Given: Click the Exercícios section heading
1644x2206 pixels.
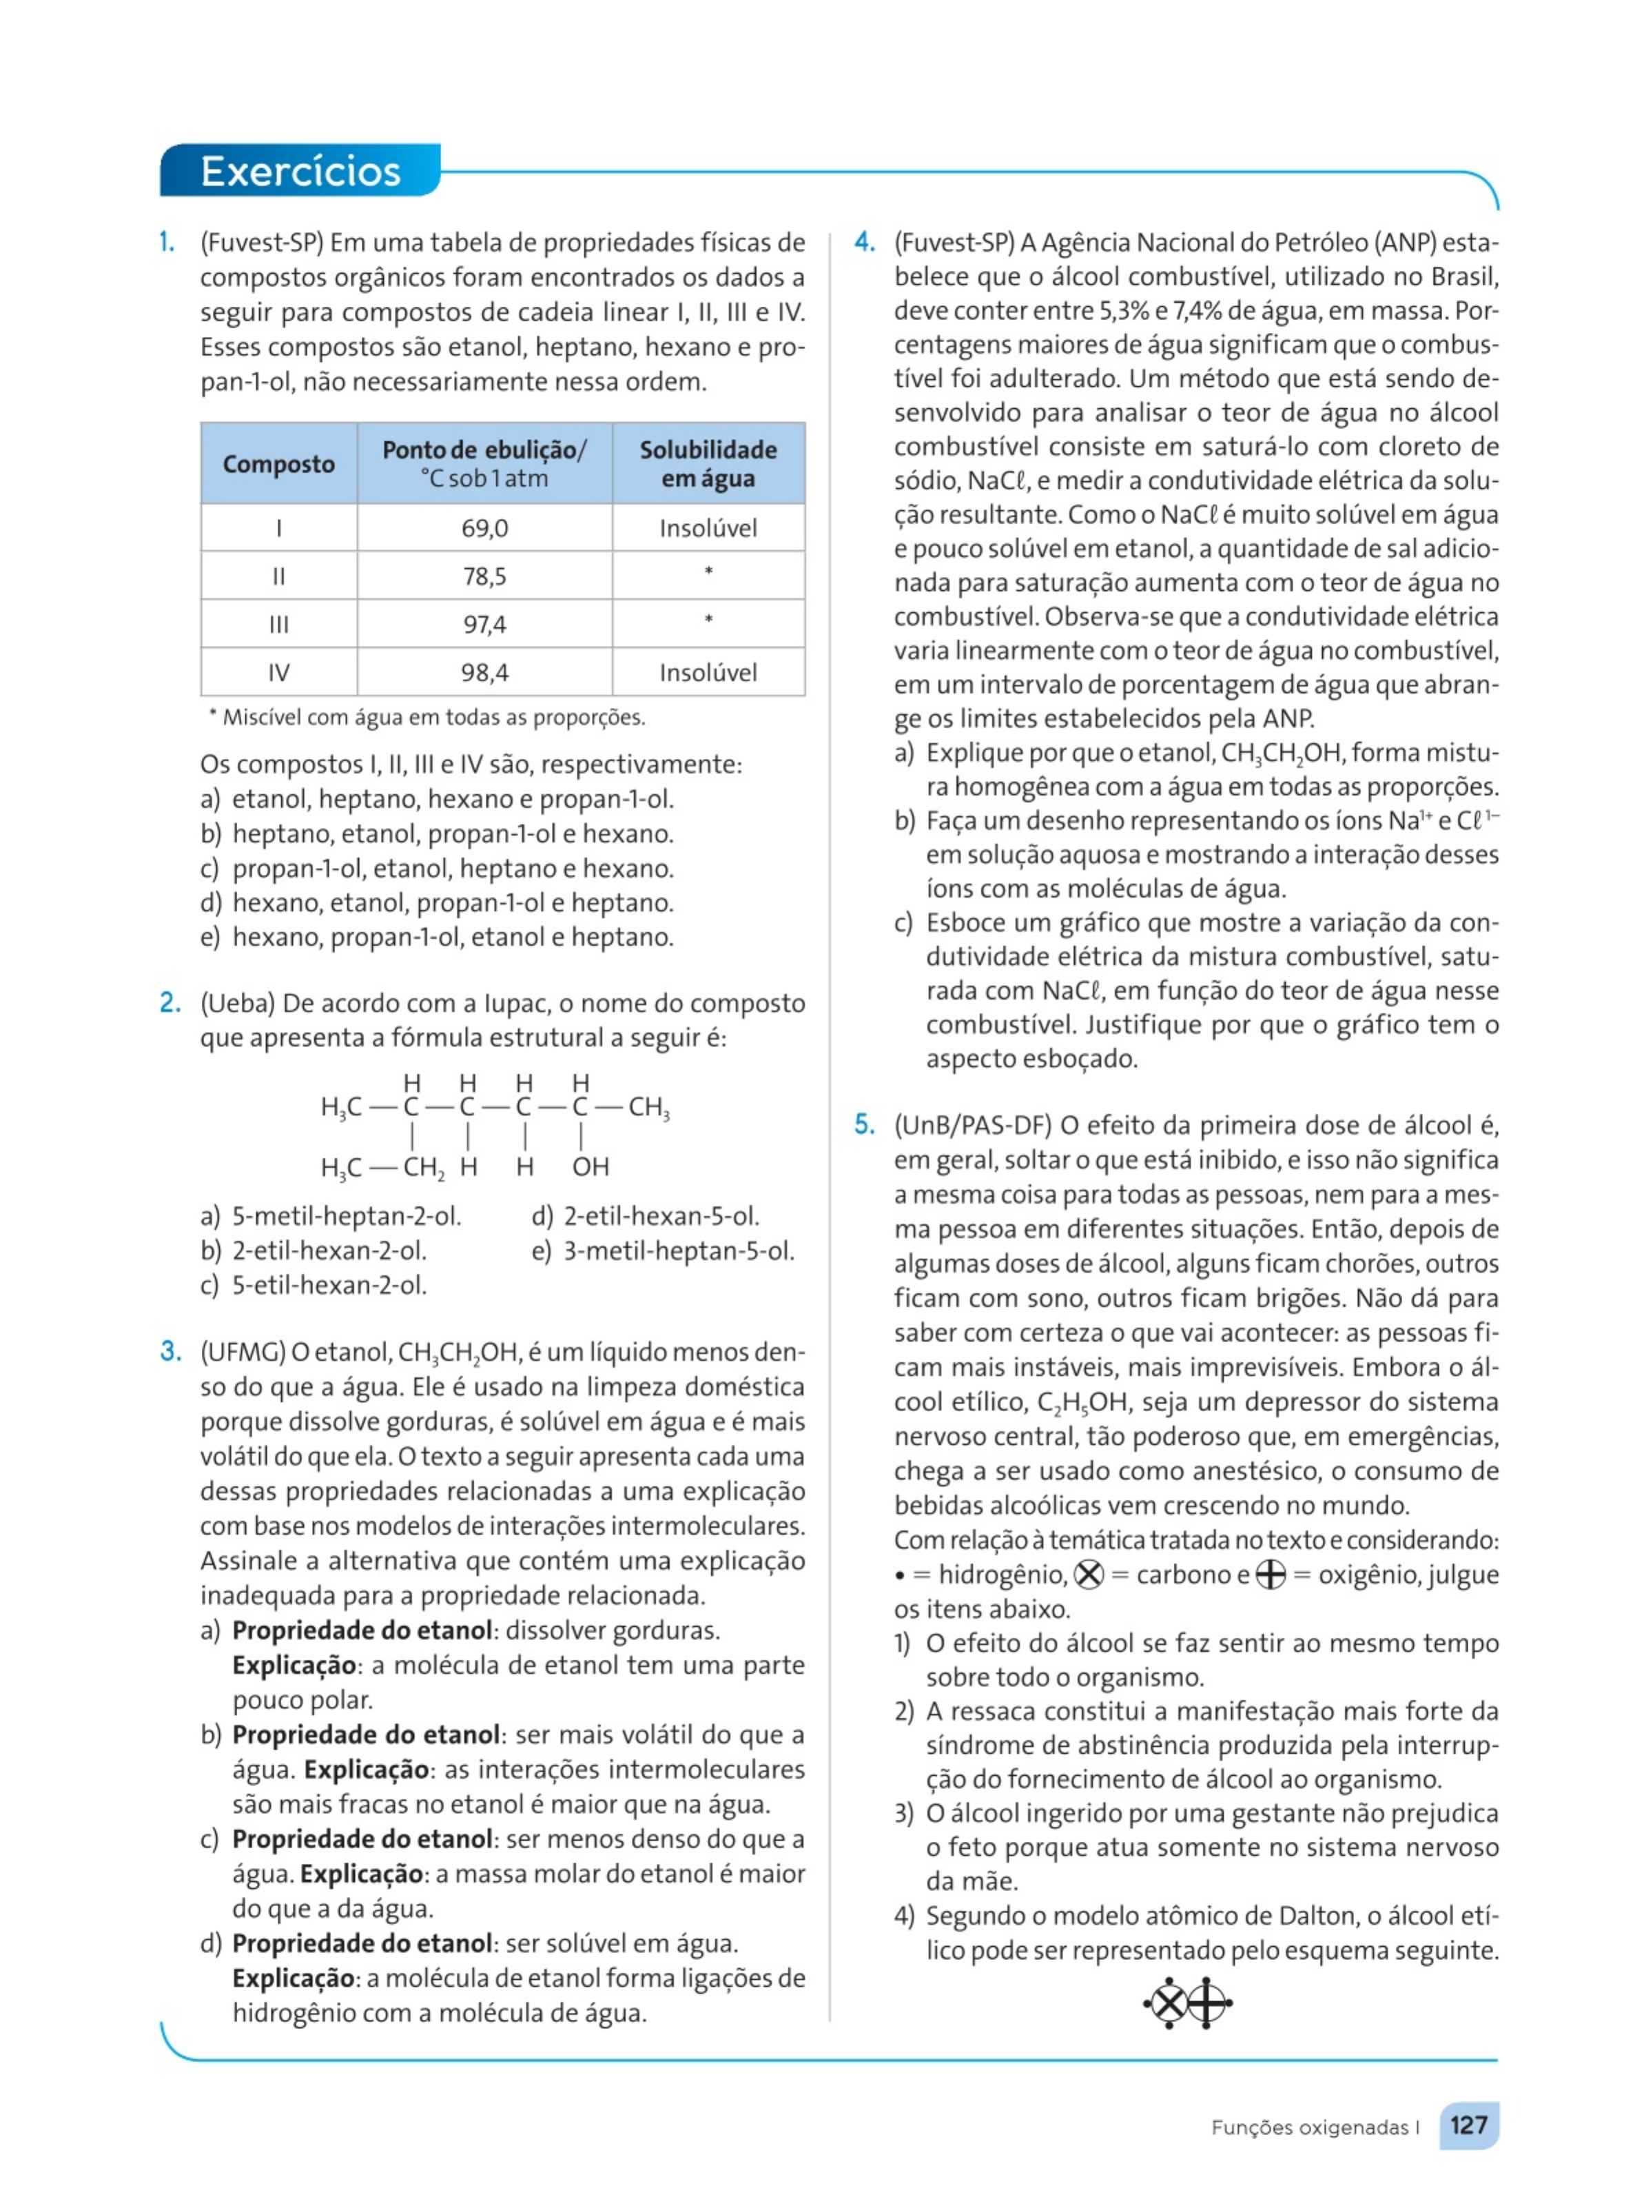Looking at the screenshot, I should pyautogui.click(x=300, y=171).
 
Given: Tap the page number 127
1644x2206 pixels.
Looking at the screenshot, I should pyautogui.click(x=1468, y=2125).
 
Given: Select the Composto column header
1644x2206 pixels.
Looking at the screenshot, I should pyautogui.click(x=278, y=464).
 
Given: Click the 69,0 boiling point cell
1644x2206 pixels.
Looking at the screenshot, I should pyautogui.click(x=484, y=527).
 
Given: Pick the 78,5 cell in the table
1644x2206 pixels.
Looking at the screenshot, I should pyautogui.click(x=484, y=576).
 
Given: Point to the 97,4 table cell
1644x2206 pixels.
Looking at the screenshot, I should pyautogui.click(x=484, y=624).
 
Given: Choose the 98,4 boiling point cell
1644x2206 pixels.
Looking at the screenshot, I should pyautogui.click(x=484, y=672).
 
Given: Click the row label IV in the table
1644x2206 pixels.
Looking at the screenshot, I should pyautogui.click(x=278, y=672).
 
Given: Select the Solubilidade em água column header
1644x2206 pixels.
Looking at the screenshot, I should pyautogui.click(x=708, y=464).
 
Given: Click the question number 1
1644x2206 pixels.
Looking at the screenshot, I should pyautogui.click(x=167, y=242).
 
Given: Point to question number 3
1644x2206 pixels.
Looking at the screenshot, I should pyautogui.click(x=170, y=1351).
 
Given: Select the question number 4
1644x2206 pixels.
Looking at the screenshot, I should pyautogui.click(x=865, y=242).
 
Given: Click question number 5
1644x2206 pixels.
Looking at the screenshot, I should pyautogui.click(x=865, y=1125).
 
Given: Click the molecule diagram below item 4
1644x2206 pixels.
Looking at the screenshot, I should pyautogui.click(x=1189, y=2002).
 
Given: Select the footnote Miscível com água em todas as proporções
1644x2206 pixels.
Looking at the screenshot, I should pyautogui.click(x=428, y=717).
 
